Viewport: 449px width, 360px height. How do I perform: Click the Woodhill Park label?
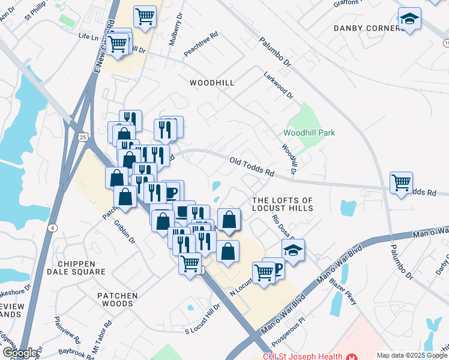click(x=309, y=133)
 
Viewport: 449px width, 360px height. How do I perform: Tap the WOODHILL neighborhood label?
click(x=211, y=82)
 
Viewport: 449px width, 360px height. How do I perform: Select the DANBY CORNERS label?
click(x=368, y=28)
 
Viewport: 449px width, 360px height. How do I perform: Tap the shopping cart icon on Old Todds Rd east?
click(x=401, y=182)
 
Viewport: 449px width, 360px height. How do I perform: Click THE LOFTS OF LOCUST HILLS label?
click(x=283, y=204)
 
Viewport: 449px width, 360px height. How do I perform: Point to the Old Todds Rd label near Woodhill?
click(x=252, y=167)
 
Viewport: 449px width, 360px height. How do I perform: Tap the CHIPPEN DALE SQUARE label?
click(x=82, y=268)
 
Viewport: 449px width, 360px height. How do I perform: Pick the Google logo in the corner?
click(x=20, y=353)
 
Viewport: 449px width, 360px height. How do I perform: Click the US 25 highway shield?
click(x=83, y=137)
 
